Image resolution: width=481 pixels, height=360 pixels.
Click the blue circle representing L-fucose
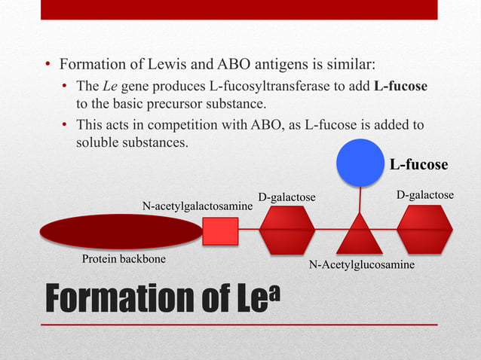360,160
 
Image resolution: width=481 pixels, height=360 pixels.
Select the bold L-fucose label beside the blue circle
418,164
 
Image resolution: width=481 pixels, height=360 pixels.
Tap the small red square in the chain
220,230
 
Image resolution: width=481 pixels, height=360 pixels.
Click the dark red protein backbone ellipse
121,231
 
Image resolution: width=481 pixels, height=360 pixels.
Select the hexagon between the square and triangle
286,230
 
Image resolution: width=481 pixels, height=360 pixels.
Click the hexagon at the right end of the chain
424,229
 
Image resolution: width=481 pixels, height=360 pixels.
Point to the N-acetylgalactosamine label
198,206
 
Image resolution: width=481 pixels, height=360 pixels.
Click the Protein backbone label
123,259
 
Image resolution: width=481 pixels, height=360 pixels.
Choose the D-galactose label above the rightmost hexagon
425,196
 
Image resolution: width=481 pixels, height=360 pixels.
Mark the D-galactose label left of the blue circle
286,197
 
